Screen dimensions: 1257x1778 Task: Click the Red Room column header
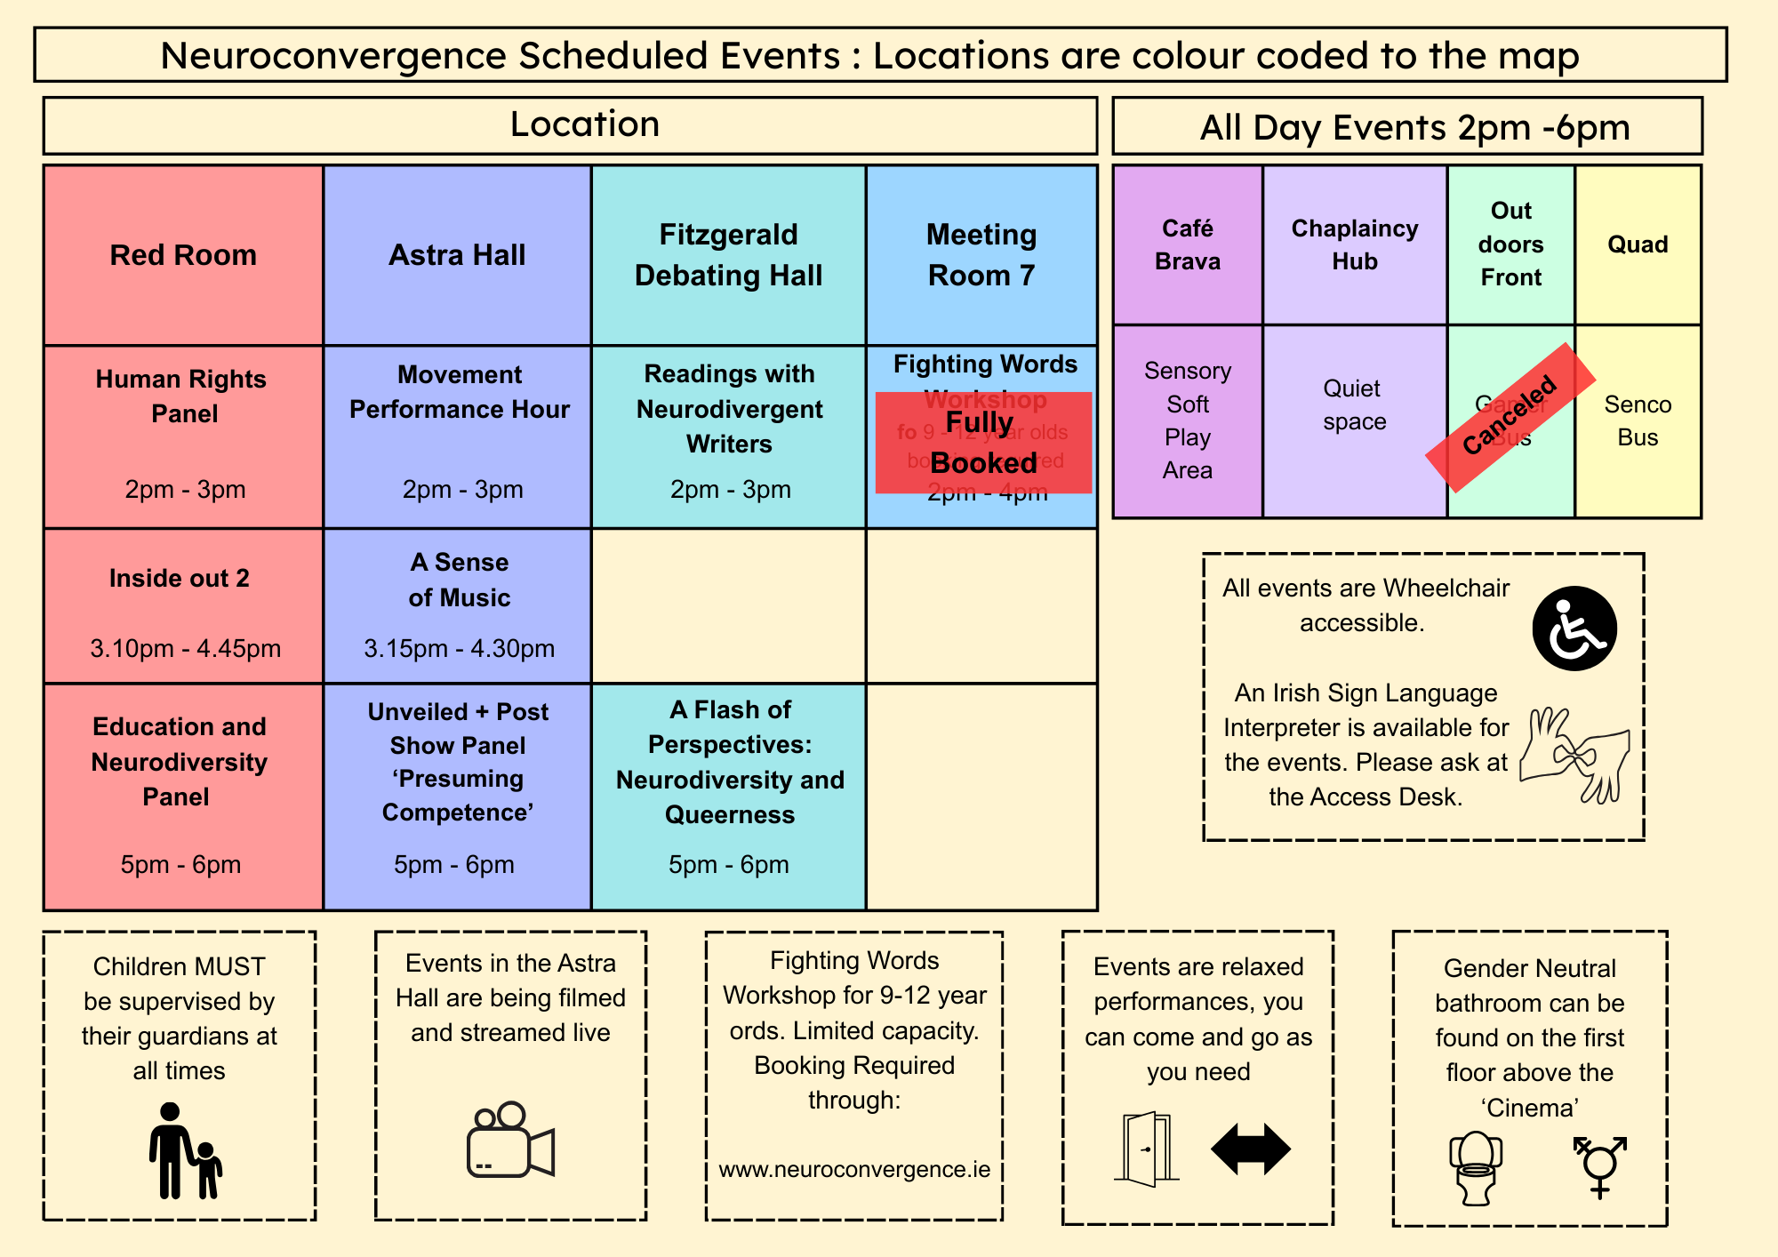point(183,255)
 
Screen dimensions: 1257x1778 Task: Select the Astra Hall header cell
point(457,255)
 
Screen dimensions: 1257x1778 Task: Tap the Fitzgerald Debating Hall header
point(728,255)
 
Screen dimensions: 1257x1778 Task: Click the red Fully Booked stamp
point(983,443)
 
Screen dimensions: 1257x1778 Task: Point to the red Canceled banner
point(1510,416)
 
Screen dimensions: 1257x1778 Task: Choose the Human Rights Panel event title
point(182,396)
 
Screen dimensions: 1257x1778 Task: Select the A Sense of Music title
point(460,580)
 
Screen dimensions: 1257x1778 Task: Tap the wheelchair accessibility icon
point(1574,628)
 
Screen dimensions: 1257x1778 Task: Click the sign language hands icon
point(1574,755)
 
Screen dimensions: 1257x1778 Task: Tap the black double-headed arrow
point(1251,1149)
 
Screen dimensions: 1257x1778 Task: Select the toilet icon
point(1476,1167)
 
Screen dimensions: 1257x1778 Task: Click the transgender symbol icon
point(1599,1165)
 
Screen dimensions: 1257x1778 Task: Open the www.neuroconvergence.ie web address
point(854,1169)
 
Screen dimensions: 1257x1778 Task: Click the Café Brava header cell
point(1188,244)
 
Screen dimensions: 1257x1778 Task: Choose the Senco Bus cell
point(1638,420)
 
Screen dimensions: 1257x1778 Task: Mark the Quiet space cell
point(1354,404)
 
